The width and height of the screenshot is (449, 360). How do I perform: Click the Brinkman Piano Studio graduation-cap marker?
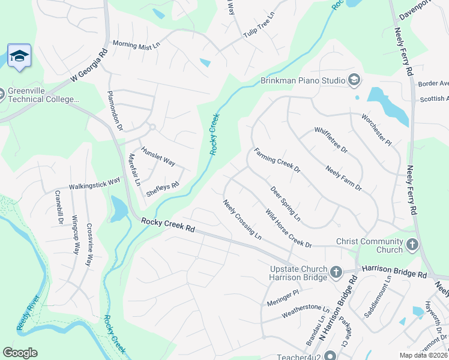click(x=354, y=80)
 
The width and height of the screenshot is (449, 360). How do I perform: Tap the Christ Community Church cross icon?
click(x=412, y=245)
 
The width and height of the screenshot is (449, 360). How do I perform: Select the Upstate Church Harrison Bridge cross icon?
click(x=336, y=272)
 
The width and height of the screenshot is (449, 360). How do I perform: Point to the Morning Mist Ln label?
click(x=137, y=44)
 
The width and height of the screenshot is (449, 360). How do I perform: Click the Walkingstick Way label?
click(x=94, y=182)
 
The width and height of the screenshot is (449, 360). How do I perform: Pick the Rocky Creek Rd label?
click(x=169, y=225)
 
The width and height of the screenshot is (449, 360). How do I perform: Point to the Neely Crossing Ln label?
click(x=243, y=220)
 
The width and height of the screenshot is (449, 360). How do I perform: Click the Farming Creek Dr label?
click(x=277, y=160)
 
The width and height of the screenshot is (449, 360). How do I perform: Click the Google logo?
click(x=20, y=353)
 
